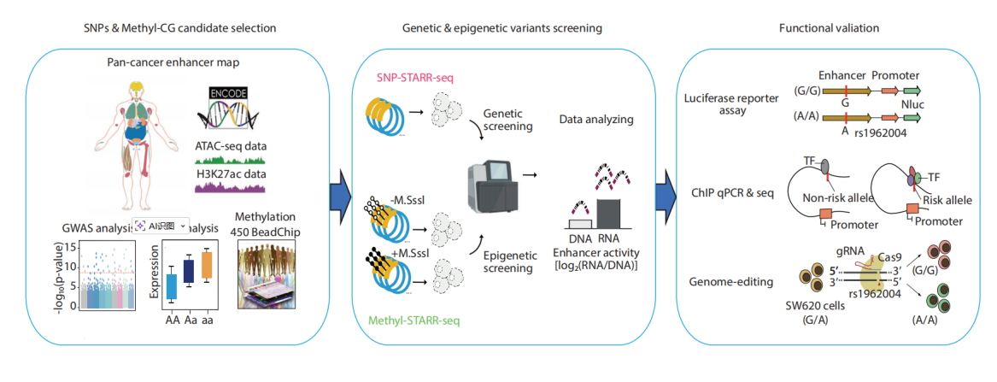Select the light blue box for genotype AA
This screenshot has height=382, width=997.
171,282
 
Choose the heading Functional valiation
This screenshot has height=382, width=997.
829,28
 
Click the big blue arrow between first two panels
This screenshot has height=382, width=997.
342,189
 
